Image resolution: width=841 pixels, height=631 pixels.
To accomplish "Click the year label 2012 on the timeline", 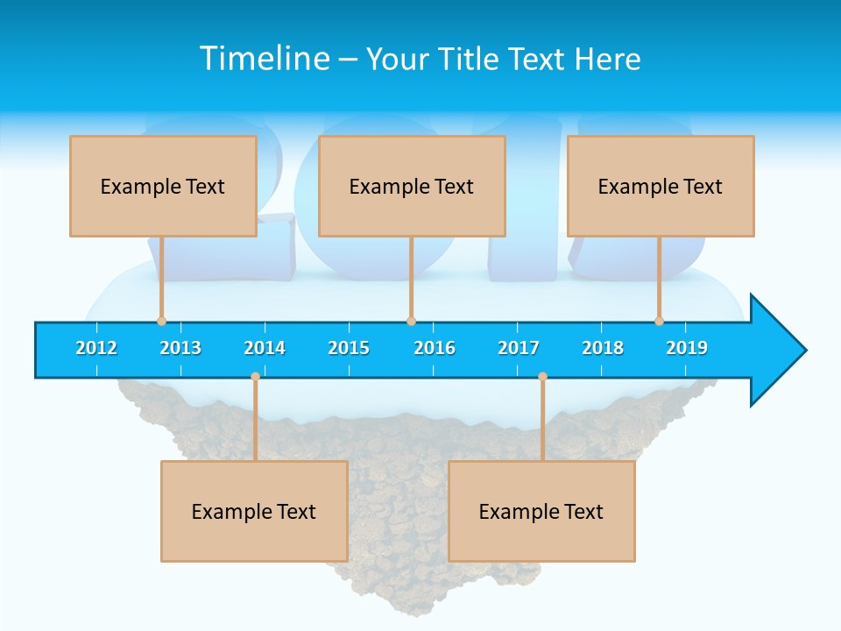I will coord(96,348).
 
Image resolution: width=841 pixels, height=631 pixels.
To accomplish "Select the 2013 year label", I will coord(180,348).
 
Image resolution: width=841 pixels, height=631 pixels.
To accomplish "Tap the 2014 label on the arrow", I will coord(265,348).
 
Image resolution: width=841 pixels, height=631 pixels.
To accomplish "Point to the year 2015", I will coord(349,348).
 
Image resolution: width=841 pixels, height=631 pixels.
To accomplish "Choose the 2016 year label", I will coord(435,348).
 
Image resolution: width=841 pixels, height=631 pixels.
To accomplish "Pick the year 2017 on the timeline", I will coord(519,348).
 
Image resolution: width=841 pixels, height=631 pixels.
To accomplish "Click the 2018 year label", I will coord(603,348).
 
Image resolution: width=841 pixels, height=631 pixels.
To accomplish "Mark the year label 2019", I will coord(687,348).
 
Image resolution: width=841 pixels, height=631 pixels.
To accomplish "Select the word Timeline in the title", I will coord(262,59).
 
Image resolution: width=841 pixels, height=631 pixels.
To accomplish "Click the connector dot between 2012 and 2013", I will coord(161,321).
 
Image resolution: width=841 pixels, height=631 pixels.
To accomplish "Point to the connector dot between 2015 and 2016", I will coord(411,321).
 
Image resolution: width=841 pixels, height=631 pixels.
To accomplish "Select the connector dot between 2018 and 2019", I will coord(659,321).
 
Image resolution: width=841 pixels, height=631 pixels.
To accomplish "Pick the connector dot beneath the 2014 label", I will coord(255,377).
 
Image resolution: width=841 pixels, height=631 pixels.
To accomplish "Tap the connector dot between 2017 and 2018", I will coord(542,377).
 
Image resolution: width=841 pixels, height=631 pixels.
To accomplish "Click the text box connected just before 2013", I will coord(163,186).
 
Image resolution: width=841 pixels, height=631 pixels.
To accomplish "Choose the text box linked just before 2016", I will coord(412,186).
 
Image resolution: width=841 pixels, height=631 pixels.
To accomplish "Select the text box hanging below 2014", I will coord(254,511).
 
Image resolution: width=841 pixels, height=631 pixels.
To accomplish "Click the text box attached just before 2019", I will coord(661,186).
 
